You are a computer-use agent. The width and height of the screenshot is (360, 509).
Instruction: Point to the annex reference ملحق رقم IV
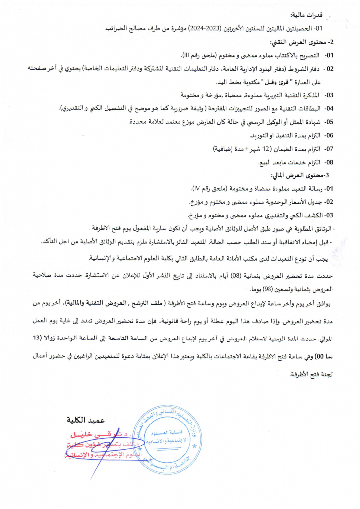pos(208,189)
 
